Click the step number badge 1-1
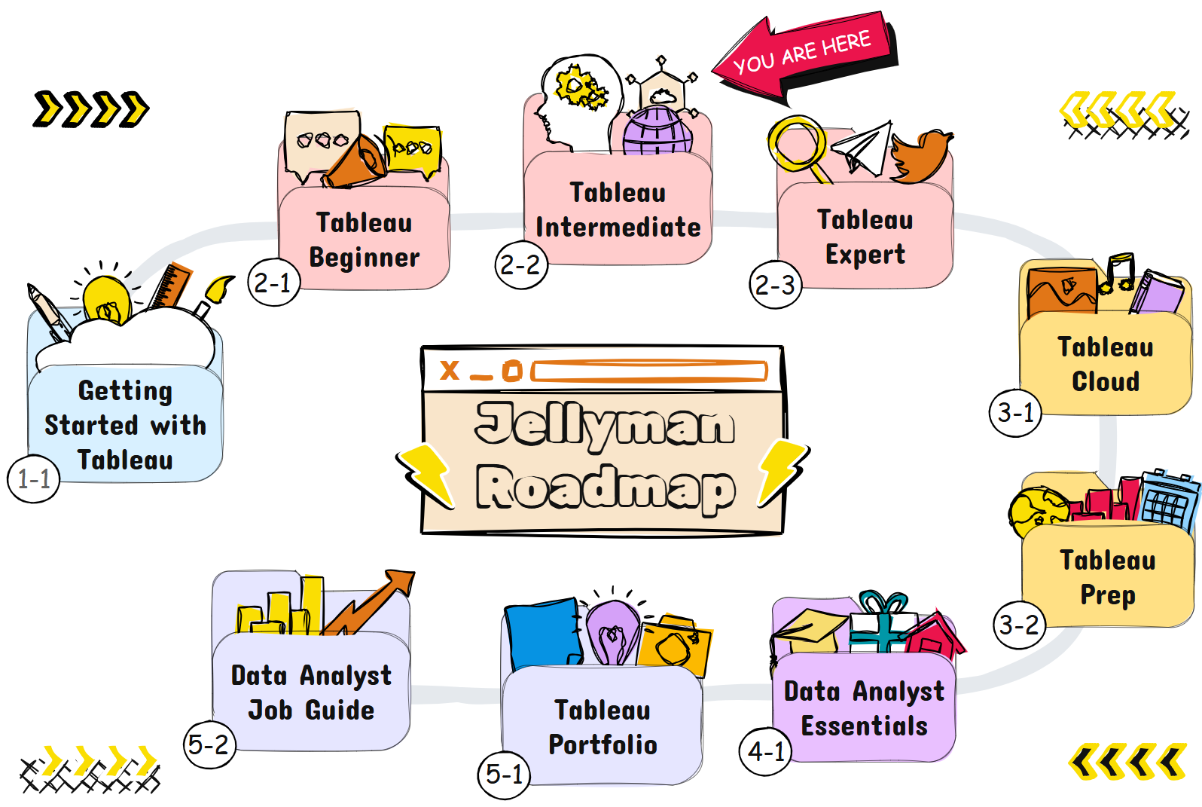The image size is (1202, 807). pos(34,479)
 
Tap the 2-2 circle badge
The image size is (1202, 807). pos(521,264)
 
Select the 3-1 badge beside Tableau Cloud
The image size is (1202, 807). pos(1015,413)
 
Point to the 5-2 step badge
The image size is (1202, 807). pos(209,745)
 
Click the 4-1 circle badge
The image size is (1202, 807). pos(766,751)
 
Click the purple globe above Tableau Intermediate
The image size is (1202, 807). pos(657,131)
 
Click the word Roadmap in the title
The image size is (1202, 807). pos(606,488)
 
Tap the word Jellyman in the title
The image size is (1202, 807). pos(606,424)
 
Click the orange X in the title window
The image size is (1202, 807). pos(450,370)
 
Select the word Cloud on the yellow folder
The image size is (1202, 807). pos(1106,382)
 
